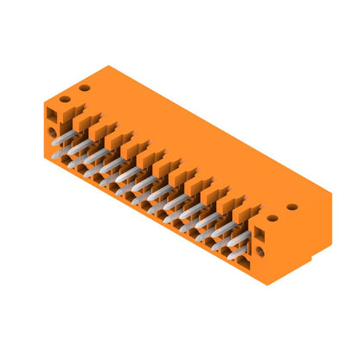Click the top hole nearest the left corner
click(63, 100)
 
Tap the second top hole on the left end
click(84, 88)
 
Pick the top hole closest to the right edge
click(292, 208)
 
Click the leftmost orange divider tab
click(80, 118)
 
